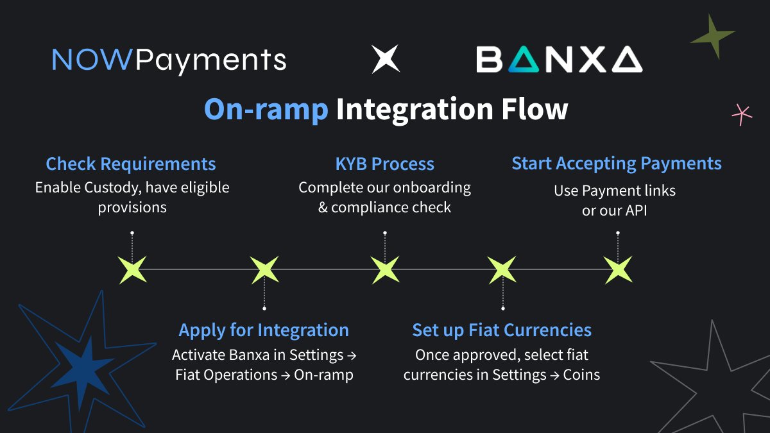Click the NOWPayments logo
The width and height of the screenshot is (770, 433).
click(169, 60)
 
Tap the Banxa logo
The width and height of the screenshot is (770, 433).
click(559, 60)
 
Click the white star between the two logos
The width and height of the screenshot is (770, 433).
click(386, 59)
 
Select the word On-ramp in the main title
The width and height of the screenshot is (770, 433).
click(266, 109)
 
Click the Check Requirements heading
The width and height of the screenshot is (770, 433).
click(131, 164)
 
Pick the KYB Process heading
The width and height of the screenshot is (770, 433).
click(385, 164)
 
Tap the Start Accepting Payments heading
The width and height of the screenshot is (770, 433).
click(617, 163)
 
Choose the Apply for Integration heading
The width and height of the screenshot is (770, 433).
click(264, 330)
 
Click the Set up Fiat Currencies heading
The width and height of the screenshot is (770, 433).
click(502, 330)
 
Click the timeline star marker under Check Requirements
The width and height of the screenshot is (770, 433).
click(133, 269)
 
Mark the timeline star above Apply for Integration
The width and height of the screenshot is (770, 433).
click(264, 269)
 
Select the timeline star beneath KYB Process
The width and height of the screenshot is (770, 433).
click(385, 269)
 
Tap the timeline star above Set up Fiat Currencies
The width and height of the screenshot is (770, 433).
click(502, 269)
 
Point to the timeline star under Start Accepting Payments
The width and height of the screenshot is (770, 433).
click(618, 269)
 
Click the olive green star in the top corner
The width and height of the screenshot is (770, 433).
click(714, 37)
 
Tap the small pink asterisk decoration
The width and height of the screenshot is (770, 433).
click(742, 114)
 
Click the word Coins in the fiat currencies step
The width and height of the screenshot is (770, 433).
click(581, 375)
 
